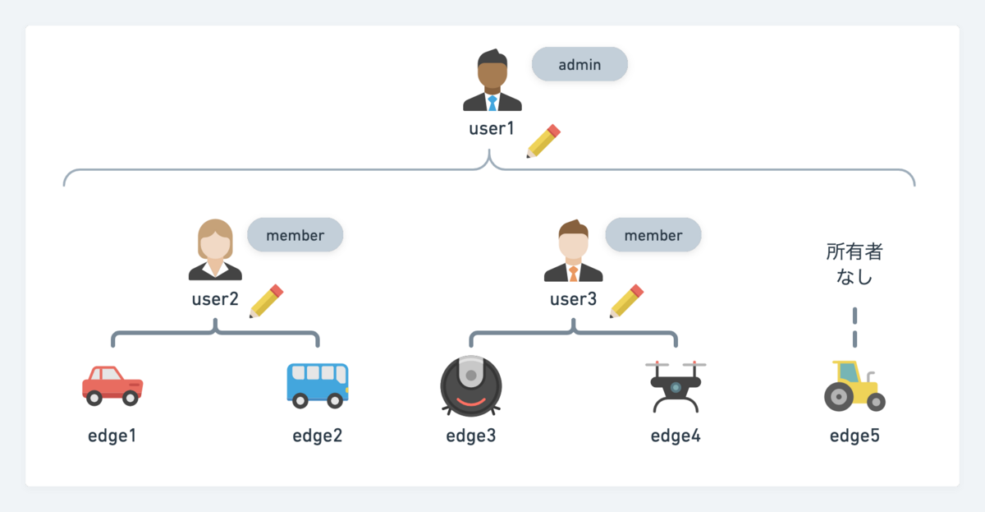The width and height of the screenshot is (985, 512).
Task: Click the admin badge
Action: click(580, 64)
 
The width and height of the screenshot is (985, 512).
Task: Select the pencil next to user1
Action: click(543, 141)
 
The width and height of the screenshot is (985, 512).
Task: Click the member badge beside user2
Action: click(295, 235)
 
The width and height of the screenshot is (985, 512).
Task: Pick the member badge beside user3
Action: click(653, 235)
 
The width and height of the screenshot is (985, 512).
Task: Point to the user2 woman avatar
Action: click(216, 250)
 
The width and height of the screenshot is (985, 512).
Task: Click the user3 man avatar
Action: click(573, 251)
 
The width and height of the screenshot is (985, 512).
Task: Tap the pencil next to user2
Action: click(266, 302)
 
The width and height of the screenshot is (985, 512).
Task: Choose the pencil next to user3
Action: click(626, 302)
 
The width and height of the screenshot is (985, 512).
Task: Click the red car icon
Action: click(112, 385)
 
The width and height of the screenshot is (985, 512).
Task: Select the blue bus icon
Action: click(317, 385)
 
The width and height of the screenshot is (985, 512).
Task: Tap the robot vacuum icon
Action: click(471, 385)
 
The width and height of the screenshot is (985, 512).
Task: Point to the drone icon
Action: click(676, 385)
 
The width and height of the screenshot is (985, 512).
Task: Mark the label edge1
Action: click(112, 436)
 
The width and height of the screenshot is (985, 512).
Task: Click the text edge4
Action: click(676, 436)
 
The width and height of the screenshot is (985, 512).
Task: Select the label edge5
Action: click(854, 436)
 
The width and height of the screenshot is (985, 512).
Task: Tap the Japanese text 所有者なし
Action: click(854, 264)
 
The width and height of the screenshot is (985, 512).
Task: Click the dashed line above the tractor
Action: click(854, 327)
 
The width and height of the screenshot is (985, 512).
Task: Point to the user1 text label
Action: click(491, 128)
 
